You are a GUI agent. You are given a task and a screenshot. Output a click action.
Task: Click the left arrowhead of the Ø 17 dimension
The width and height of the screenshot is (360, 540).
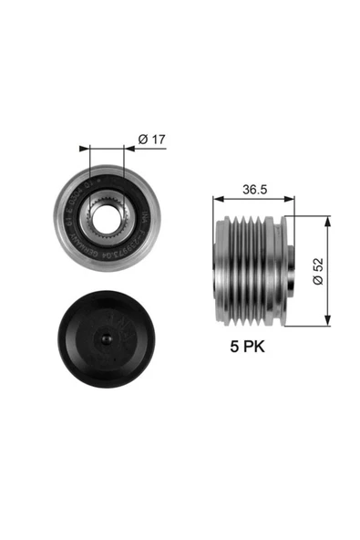85,146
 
